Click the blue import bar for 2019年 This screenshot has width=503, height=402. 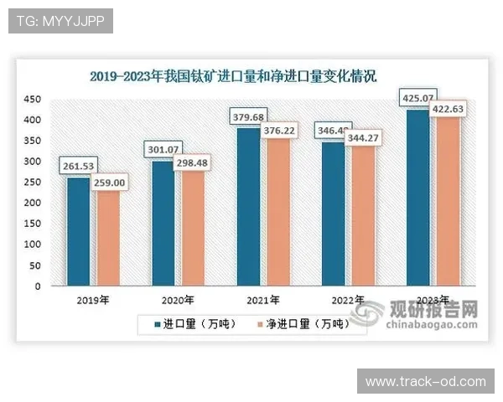point(78,231)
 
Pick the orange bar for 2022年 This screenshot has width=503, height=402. point(363,220)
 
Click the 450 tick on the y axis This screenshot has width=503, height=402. point(31,100)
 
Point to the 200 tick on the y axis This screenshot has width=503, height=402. point(31,204)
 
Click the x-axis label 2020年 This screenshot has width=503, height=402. point(177,300)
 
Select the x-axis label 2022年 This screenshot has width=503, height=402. point(348,300)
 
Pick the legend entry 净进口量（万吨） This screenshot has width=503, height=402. point(298,322)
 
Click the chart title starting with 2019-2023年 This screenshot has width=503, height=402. point(233,76)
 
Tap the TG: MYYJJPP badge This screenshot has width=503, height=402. point(60,21)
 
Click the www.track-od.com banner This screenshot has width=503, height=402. point(425,381)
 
